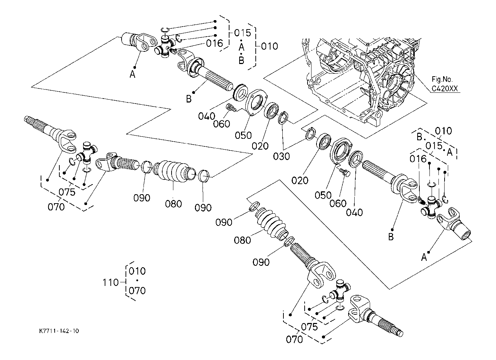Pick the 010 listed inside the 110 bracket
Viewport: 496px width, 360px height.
(137, 271)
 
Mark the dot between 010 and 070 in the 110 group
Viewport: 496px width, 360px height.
(137, 281)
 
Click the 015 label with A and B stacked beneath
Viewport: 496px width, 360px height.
(242, 33)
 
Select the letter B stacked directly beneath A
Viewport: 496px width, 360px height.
(242, 60)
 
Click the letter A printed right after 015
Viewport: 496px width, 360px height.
(449, 152)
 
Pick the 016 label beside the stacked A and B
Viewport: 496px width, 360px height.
(215, 44)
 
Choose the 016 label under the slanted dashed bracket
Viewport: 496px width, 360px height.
(418, 158)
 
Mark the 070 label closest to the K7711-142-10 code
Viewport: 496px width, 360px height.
(56, 207)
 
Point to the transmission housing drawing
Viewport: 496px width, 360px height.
(363, 76)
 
